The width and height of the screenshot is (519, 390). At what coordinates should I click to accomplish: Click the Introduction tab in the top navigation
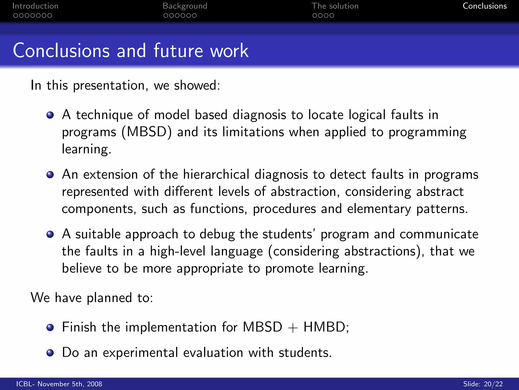click(35, 6)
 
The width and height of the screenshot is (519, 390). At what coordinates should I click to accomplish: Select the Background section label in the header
click(185, 6)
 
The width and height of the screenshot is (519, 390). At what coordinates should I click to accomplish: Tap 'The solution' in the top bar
click(335, 6)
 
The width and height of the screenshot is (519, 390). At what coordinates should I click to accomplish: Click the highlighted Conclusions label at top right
click(485, 6)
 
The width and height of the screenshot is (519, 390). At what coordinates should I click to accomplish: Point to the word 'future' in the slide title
click(178, 51)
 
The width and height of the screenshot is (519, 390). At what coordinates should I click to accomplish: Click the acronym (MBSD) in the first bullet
click(147, 132)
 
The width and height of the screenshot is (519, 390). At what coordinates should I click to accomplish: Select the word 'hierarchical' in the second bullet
click(216, 175)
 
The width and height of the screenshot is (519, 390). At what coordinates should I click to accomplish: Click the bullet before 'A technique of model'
click(50, 115)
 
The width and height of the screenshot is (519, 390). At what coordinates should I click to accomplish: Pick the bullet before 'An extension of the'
click(50, 175)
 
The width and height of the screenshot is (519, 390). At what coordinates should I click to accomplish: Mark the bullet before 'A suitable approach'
click(50, 234)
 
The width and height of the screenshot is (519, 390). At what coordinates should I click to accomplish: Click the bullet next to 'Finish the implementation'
click(50, 328)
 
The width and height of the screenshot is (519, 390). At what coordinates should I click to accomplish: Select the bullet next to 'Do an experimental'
click(50, 353)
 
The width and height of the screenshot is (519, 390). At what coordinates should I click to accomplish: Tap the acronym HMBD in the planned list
click(324, 327)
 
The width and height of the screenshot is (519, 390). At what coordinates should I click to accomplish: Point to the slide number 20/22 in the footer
click(493, 384)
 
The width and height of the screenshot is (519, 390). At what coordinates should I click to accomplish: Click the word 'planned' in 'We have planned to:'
click(109, 298)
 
